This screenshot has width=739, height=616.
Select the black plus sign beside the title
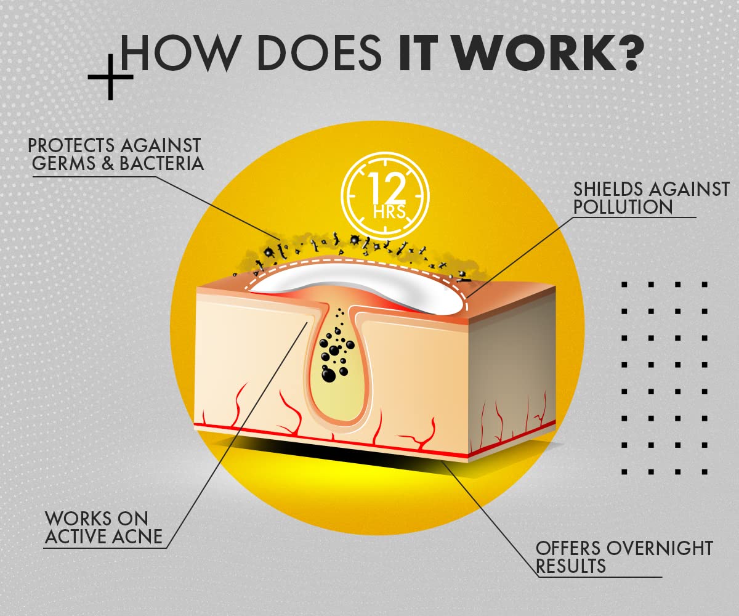point(110,77)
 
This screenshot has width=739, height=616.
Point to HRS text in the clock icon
point(389,212)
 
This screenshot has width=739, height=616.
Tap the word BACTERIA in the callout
point(162,163)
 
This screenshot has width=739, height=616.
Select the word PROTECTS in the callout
point(71,145)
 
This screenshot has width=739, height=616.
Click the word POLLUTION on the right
point(623,207)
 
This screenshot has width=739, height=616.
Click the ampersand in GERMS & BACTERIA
point(108,163)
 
